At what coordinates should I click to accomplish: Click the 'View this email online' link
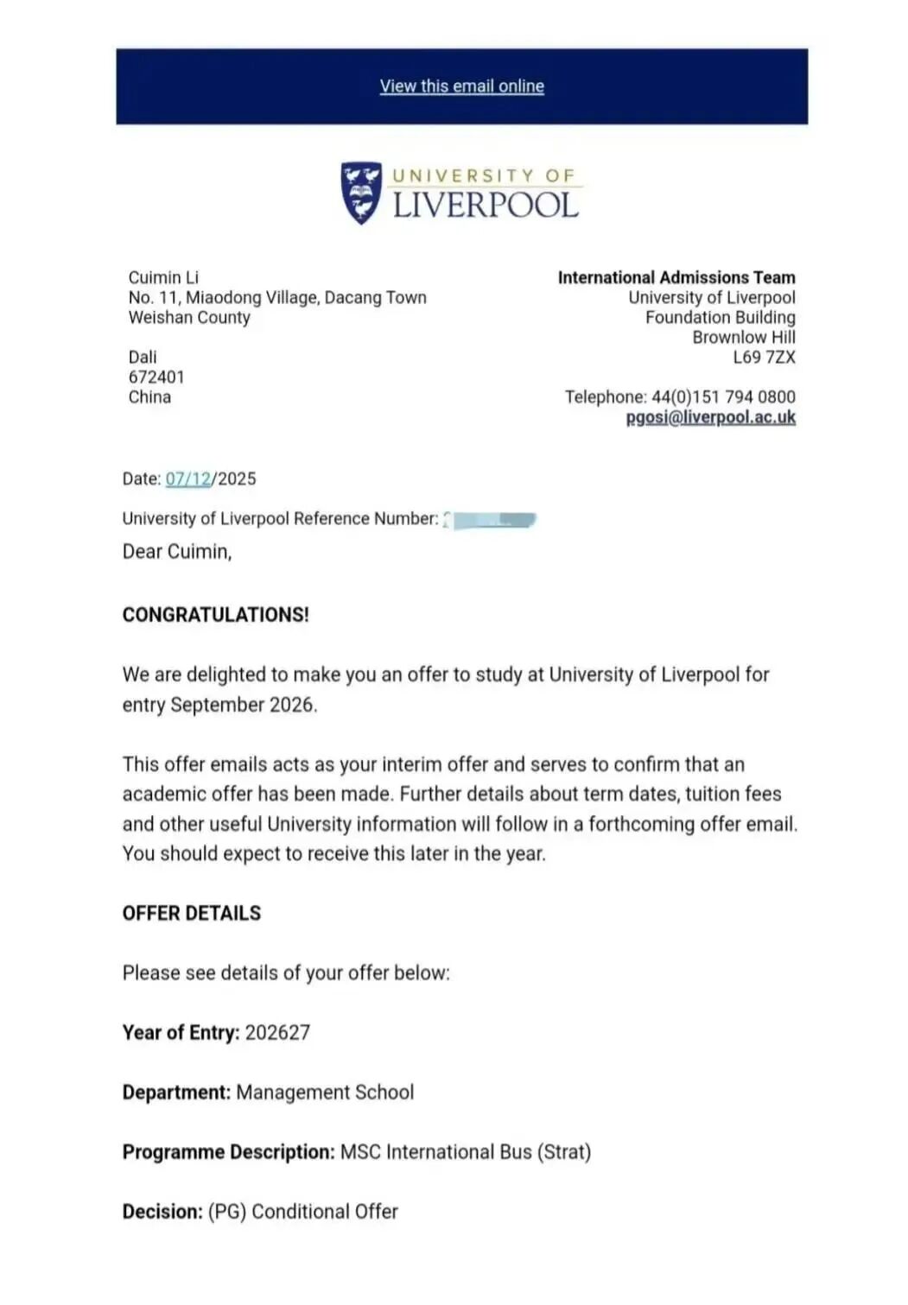(x=461, y=86)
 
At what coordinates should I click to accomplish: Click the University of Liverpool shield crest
(x=361, y=193)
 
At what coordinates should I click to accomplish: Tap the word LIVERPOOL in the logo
(x=485, y=206)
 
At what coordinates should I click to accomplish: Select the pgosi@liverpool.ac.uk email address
(x=710, y=417)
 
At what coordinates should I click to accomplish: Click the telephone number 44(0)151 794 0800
(x=723, y=397)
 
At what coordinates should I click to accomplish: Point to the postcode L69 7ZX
(x=764, y=358)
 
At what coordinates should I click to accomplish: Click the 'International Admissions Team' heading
(x=676, y=277)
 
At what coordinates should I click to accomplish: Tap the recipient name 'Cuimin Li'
(x=163, y=277)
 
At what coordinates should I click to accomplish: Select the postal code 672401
(x=156, y=377)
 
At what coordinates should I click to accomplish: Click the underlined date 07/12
(x=188, y=479)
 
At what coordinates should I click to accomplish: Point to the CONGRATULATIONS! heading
(x=215, y=615)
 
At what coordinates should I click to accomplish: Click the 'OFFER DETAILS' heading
(x=191, y=914)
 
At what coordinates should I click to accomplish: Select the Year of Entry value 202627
(x=277, y=1033)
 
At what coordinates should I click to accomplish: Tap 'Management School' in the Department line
(x=325, y=1093)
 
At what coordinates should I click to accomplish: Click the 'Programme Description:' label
(x=228, y=1152)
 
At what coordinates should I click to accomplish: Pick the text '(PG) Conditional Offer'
(x=302, y=1212)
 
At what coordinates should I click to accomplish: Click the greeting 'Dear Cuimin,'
(x=177, y=552)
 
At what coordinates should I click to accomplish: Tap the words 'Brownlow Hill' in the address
(x=743, y=338)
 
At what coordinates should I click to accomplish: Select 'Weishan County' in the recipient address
(x=189, y=318)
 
